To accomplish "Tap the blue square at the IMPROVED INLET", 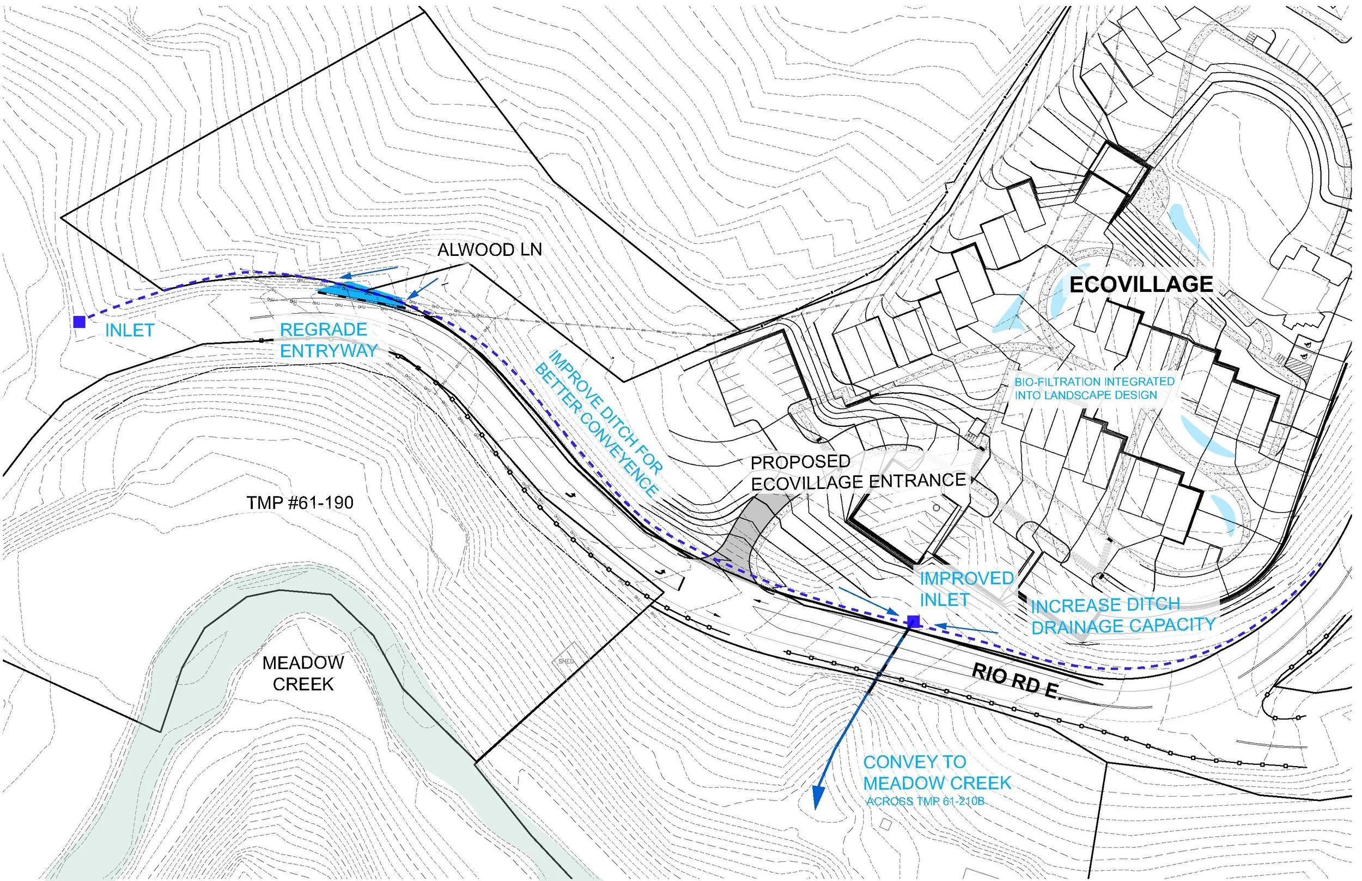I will [x=914, y=621].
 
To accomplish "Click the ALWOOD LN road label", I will [x=489, y=250].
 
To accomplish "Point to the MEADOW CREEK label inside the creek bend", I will [x=303, y=674].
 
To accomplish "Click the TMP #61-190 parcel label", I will [x=300, y=503].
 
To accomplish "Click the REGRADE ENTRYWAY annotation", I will [x=328, y=340].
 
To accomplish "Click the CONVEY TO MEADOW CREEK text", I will [x=937, y=772].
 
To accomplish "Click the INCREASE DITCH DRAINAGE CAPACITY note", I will [x=1122, y=615].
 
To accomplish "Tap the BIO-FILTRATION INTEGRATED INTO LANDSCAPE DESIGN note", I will [x=1094, y=388].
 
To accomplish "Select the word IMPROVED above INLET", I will [x=966, y=579].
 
